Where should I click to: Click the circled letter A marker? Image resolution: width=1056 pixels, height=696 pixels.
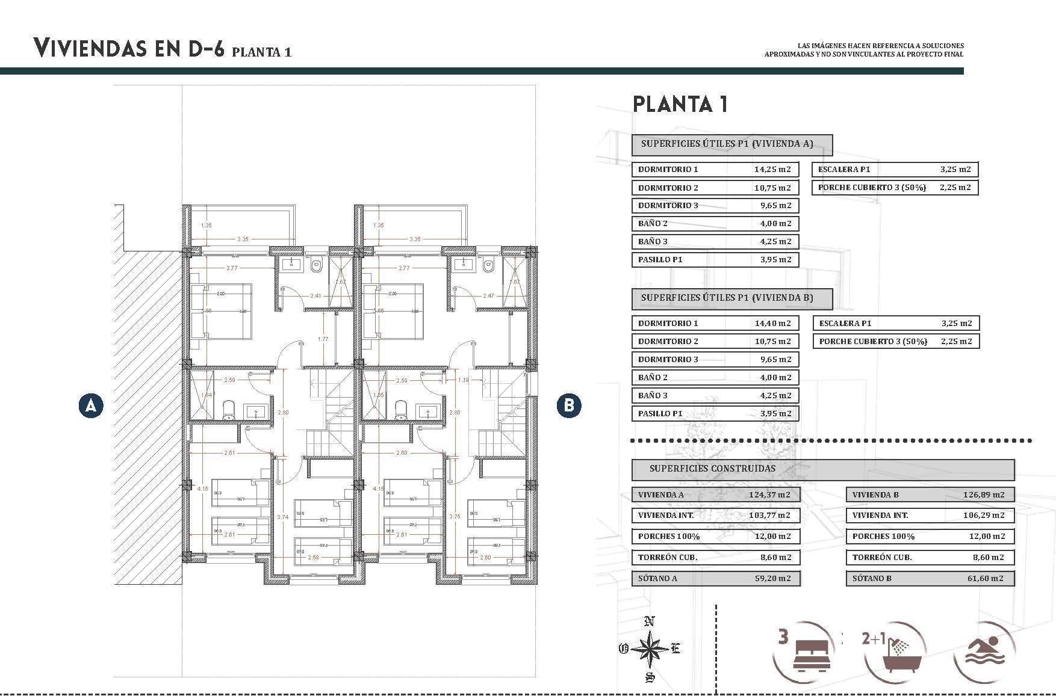tap(91, 405)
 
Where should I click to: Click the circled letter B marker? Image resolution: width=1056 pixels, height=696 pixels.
tap(569, 405)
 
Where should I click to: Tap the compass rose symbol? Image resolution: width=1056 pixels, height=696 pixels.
tap(650, 649)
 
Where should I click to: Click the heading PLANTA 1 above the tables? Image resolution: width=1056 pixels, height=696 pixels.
tap(680, 105)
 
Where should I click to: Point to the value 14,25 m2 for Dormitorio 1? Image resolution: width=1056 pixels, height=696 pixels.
tap(772, 170)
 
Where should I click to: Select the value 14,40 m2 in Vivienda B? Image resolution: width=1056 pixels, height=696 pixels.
tap(772, 324)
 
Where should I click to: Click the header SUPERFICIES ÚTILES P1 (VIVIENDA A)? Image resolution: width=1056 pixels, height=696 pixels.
tap(727, 144)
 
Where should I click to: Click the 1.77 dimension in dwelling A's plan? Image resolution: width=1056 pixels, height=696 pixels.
tap(323, 339)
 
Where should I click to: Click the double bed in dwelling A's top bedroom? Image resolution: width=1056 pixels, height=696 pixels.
tap(221, 310)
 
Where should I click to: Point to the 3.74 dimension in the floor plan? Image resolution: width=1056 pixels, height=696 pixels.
tap(282, 517)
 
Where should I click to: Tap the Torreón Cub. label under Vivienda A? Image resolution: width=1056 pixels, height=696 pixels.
tap(668, 558)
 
